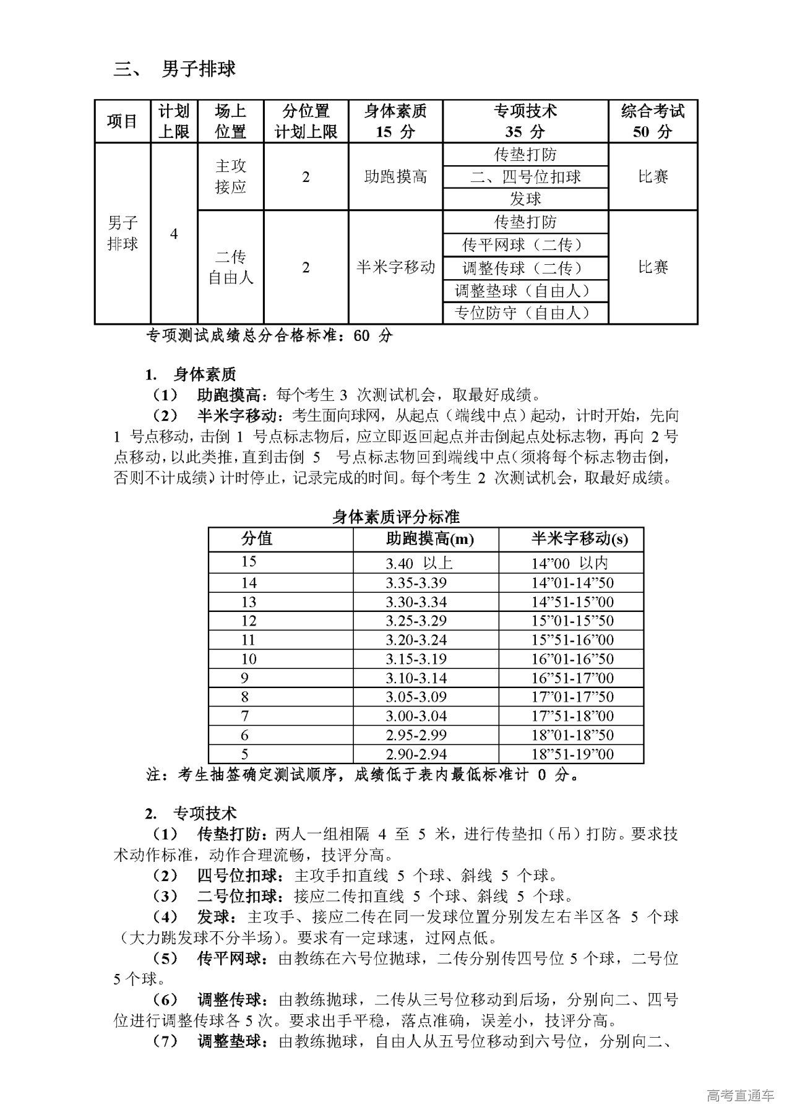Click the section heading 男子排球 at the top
click(x=198, y=69)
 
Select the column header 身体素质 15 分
click(x=395, y=121)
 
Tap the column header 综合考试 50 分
click(x=653, y=121)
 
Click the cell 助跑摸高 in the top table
click(x=395, y=177)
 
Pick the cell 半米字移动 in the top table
click(x=395, y=267)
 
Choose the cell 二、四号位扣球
click(x=525, y=177)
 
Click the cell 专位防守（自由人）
click(x=525, y=312)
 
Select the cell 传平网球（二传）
click(x=525, y=245)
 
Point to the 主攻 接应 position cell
click(x=231, y=177)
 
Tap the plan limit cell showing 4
click(x=174, y=234)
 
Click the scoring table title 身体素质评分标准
click(x=396, y=517)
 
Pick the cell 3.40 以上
click(x=419, y=563)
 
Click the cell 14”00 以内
click(x=570, y=563)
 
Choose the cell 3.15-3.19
click(x=416, y=659)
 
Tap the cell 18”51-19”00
click(x=573, y=754)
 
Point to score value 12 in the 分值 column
click(x=249, y=621)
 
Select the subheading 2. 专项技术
click(x=191, y=813)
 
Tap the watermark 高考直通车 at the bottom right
click(x=740, y=1096)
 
